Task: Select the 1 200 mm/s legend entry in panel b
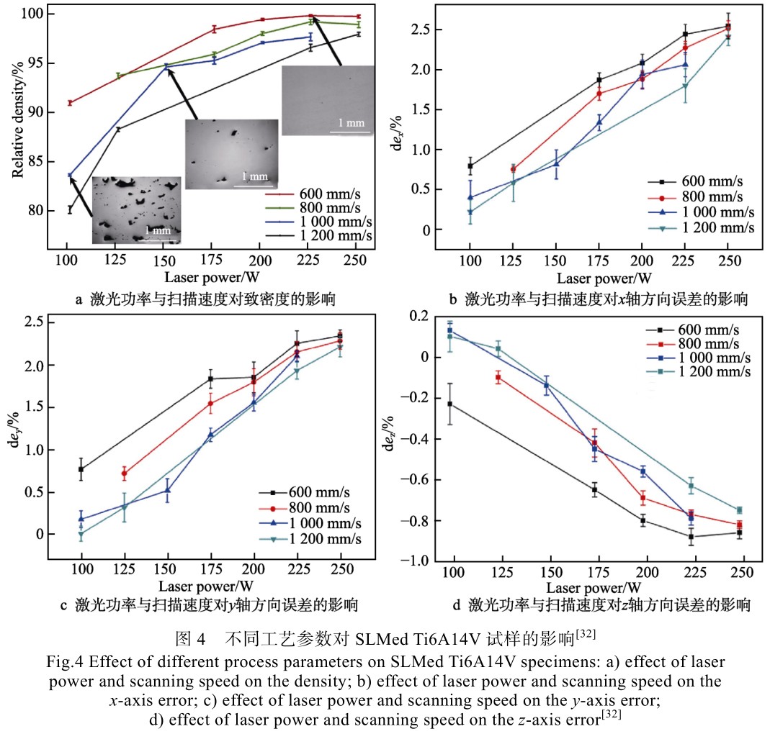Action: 691,227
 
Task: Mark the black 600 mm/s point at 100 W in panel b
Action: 470,166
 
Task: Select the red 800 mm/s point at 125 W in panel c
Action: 125,474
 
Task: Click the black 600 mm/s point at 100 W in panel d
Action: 451,404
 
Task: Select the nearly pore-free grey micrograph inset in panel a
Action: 328,100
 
